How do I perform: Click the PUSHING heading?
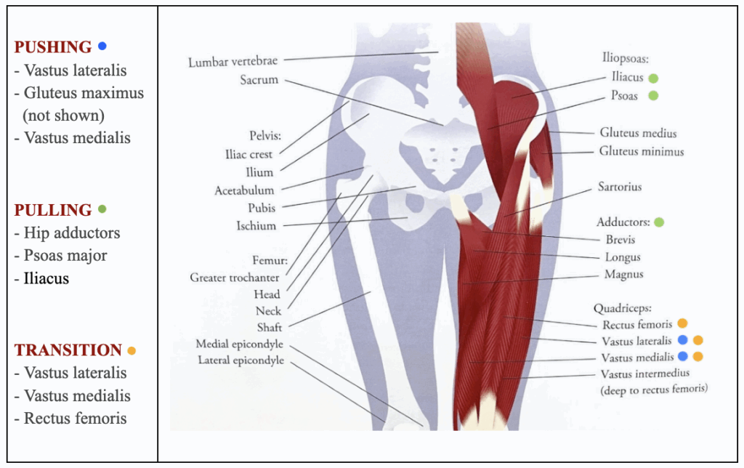tap(52, 47)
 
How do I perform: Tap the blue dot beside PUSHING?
tap(102, 46)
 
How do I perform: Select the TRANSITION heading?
tap(68, 350)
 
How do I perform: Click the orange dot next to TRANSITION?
tap(132, 351)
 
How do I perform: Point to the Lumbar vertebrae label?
tap(232, 62)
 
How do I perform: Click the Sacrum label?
tap(259, 80)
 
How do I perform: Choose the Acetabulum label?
tap(244, 190)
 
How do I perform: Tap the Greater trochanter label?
tap(235, 277)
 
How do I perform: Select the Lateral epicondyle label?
tap(241, 360)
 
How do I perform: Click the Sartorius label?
tap(620, 187)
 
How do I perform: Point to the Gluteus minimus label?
tap(642, 151)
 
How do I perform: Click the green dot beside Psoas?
tap(653, 95)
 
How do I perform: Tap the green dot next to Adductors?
tap(659, 222)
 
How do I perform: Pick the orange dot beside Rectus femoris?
tap(682, 323)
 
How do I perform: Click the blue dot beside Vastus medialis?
tap(683, 357)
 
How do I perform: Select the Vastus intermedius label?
tap(645, 374)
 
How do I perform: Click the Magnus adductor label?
tap(623, 275)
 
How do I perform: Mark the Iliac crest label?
tap(248, 154)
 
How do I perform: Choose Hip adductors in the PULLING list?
tap(72, 233)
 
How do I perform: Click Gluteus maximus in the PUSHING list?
tap(84, 93)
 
